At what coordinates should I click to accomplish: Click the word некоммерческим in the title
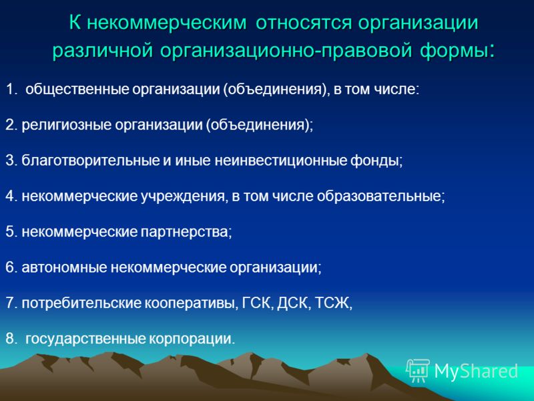pos(168,23)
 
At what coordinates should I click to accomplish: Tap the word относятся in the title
pos(304,23)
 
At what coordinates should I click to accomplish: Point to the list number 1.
pos(11,90)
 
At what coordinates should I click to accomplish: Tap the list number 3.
pos(11,160)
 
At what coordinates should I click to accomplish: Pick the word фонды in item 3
pos(376,160)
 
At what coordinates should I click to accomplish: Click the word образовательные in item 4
pos(380,196)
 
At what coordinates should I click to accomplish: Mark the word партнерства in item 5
pos(186,232)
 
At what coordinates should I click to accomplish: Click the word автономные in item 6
pos(64,267)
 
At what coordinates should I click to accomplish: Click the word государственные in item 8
pos(85,339)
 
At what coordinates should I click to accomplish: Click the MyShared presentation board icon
pos(418,371)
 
